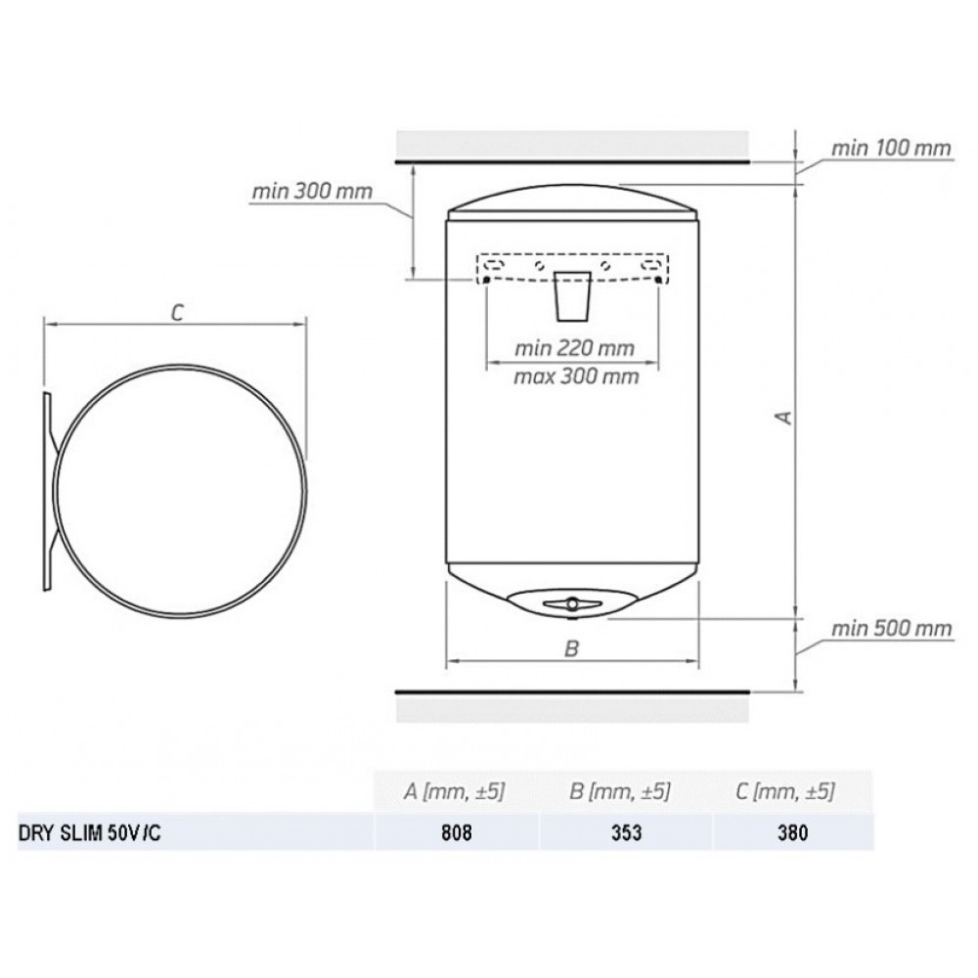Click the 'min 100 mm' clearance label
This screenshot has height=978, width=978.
(891, 149)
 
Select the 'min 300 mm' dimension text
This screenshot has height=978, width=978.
(312, 191)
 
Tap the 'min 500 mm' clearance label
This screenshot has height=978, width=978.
(891, 628)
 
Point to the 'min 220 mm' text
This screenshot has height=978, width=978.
(574, 348)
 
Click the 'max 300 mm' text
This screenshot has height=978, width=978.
(576, 377)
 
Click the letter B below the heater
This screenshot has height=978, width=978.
(571, 648)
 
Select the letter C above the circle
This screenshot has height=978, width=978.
(178, 313)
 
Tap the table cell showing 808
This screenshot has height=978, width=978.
(457, 832)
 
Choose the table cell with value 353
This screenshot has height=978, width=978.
(626, 832)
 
